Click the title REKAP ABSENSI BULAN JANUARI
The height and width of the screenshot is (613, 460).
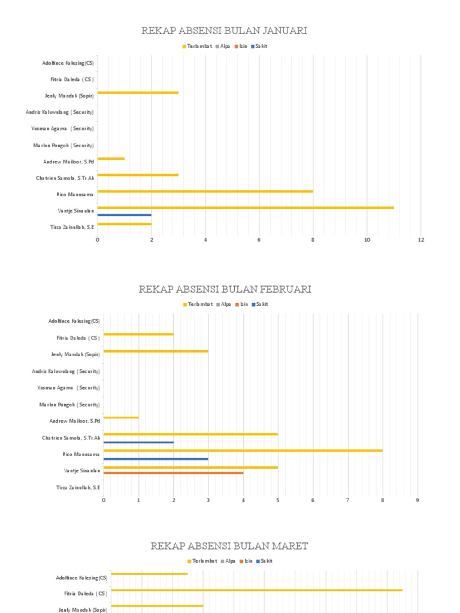coord(224,31)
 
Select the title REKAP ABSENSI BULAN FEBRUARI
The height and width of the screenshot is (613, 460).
coord(225,289)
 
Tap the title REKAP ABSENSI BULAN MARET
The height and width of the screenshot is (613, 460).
coord(229,546)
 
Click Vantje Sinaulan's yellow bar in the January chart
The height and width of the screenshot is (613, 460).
coord(246,208)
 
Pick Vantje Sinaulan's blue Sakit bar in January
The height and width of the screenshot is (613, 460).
coord(125,214)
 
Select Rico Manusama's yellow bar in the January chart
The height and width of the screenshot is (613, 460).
coord(205,191)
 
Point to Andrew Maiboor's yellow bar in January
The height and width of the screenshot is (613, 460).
coord(111,159)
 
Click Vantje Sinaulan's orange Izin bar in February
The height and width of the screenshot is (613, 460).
coord(173,473)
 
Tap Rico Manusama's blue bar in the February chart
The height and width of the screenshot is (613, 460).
coord(156,459)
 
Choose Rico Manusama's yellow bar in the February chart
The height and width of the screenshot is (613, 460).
coord(243,450)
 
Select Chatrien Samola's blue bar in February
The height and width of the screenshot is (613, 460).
coord(138,442)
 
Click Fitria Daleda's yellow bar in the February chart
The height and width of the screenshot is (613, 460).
coord(138,334)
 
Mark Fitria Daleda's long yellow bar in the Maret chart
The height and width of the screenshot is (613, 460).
coord(256,590)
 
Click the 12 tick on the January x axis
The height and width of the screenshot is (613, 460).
coord(421,240)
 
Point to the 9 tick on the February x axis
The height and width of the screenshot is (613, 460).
coord(417,500)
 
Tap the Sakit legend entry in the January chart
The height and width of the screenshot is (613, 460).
coord(260,46)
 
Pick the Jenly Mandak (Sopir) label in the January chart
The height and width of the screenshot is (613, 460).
coord(69,96)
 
